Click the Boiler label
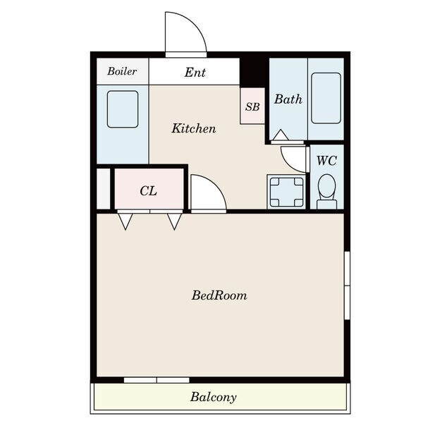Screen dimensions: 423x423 point(122,71)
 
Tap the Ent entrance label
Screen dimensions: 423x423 point(195,73)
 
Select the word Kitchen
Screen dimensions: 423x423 point(194,128)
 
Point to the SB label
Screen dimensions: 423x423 point(252,107)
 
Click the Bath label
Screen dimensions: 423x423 point(288,99)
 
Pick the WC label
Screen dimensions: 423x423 point(326,161)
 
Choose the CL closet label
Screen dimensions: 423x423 point(148,191)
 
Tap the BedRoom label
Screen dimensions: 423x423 point(219,295)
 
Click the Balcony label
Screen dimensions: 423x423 point(213,397)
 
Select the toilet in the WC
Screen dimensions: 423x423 point(326,191)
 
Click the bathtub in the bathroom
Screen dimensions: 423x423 point(326,98)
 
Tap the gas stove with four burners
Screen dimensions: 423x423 point(286,192)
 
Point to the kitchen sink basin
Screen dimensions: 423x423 point(123,109)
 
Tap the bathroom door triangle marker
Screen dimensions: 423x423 point(281,135)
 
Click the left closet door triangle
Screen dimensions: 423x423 point(125,221)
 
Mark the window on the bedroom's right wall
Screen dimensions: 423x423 point(347,286)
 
